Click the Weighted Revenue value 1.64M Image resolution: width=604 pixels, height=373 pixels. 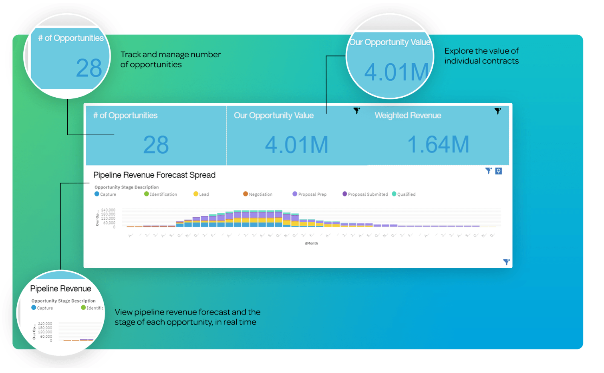438,144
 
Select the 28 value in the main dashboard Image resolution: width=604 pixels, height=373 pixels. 156,145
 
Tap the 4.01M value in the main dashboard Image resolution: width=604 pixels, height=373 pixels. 296,145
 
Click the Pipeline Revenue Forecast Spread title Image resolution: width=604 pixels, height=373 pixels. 154,175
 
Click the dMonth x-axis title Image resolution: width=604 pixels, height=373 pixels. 311,243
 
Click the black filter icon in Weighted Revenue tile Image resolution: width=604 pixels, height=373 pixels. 497,111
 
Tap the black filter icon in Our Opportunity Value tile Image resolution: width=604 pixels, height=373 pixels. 356,110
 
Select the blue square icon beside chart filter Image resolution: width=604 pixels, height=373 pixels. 498,171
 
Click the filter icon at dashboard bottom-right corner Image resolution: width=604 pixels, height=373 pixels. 506,262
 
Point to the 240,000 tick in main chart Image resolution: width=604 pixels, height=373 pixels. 108,210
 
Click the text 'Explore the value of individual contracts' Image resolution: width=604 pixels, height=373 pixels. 481,56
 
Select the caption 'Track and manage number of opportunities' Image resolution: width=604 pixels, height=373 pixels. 170,60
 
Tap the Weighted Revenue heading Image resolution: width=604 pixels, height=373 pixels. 408,116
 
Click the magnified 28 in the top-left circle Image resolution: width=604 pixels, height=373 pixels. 89,68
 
